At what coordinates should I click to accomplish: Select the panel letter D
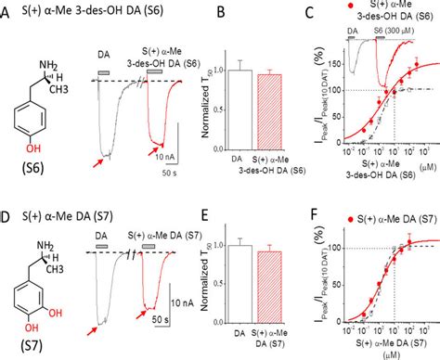click(x=7, y=193)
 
